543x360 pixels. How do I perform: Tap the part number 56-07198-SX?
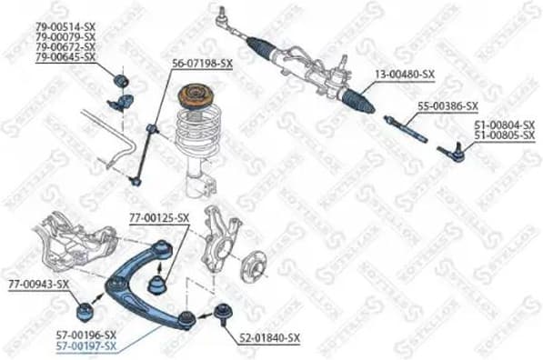tap(202, 64)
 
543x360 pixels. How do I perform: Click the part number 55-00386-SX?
tap(447, 106)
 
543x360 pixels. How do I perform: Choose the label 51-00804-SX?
tap(503, 127)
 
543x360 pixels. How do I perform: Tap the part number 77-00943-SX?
tap(39, 285)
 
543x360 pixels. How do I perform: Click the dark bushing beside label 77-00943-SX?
tap(85, 310)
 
